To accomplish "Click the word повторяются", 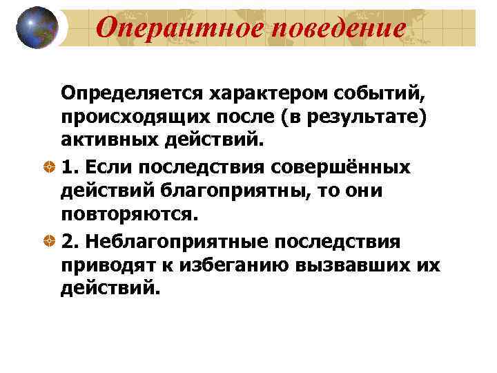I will click(129, 216).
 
